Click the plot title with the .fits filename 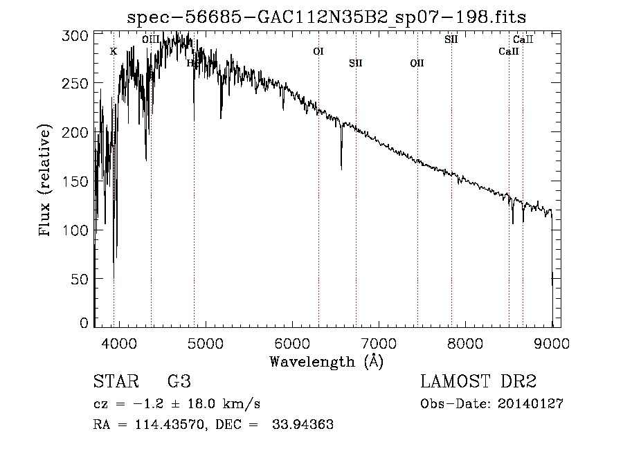point(332,17)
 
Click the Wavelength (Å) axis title point(326,361)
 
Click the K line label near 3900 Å point(114,51)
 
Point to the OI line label point(318,51)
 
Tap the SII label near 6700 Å point(356,64)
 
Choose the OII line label point(417,64)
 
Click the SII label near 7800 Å point(451,39)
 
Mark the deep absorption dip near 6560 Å point(341,166)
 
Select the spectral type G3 point(179,383)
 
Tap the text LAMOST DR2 point(478,383)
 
